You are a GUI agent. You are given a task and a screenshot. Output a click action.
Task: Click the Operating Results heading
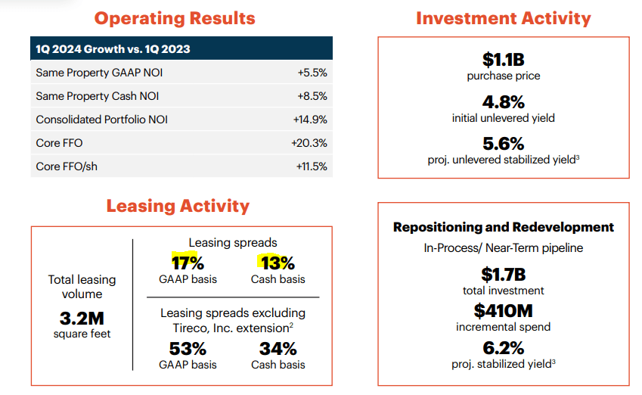175,18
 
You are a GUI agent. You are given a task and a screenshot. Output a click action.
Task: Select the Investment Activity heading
503,18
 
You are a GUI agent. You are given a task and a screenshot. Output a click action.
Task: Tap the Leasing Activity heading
178,205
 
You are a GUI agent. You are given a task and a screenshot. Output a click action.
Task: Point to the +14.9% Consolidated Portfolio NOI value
309,120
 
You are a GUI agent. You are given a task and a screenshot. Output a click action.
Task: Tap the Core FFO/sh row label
67,166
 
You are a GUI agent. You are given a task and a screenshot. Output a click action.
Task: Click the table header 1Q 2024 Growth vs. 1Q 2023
113,49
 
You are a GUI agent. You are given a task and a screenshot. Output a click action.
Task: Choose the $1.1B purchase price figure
503,59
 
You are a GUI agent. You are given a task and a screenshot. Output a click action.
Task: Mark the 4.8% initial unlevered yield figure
503,101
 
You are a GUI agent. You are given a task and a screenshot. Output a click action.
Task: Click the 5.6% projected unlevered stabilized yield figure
503,144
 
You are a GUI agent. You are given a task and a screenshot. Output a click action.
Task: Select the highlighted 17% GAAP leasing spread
188,263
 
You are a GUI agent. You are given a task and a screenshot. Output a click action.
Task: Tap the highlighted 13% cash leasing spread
278,263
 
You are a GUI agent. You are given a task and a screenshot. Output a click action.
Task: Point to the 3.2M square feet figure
81,318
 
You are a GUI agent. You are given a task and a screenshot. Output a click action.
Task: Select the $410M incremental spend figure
503,310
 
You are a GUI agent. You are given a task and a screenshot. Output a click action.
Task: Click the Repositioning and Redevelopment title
504,227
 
